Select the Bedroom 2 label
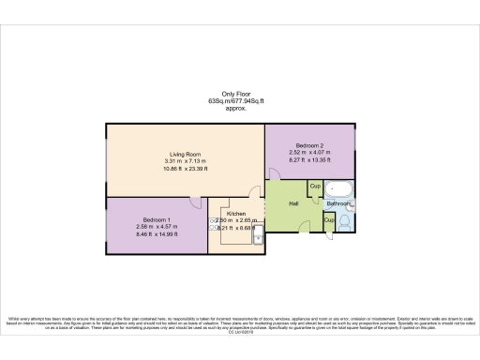point(309,147)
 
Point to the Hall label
point(293,202)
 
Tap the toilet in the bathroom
point(346,222)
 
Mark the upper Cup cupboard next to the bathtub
point(315,187)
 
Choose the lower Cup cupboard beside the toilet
point(329,219)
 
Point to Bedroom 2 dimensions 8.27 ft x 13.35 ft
point(309,161)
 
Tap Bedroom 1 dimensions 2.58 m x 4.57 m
point(143,226)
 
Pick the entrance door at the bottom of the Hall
point(305,224)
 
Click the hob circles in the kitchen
point(213,224)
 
